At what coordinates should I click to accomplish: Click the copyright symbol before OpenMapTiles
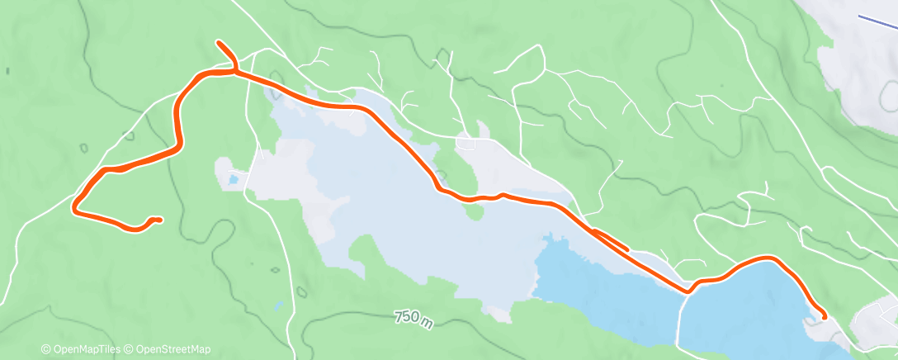(x=46, y=349)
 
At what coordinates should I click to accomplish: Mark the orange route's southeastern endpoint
(x=824, y=316)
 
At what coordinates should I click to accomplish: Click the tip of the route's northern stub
(x=218, y=42)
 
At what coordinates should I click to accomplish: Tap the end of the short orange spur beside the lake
(x=627, y=248)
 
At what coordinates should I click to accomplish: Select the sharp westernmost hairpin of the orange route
(x=75, y=206)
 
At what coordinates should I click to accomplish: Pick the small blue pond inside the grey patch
(x=234, y=178)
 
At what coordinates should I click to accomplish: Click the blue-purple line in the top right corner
(x=877, y=22)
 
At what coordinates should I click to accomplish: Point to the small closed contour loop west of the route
(x=83, y=148)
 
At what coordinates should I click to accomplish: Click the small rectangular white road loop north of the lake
(x=467, y=143)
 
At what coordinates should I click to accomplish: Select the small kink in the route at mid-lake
(x=501, y=195)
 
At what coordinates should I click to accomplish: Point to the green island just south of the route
(x=474, y=211)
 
